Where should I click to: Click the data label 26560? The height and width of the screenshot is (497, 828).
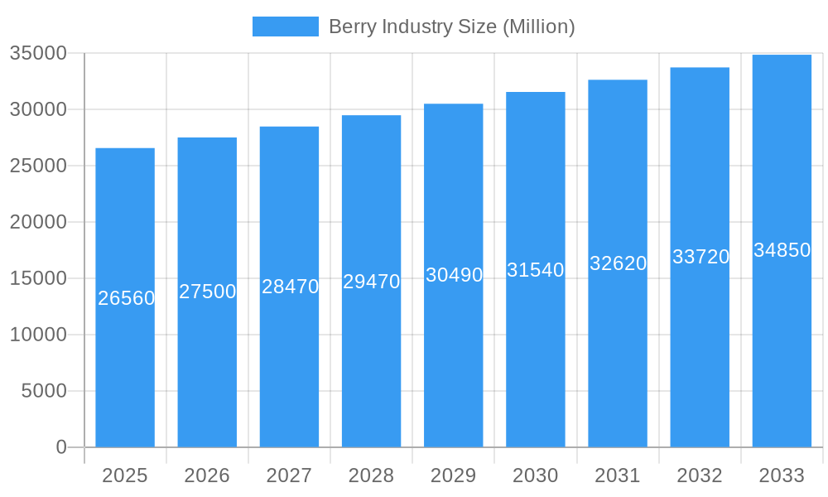pyautogui.click(x=126, y=298)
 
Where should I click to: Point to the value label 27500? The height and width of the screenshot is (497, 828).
pyautogui.click(x=207, y=292)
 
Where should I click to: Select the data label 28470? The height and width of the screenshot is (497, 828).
pyautogui.click(x=290, y=287)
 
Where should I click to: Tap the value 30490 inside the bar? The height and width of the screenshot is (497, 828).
pyautogui.click(x=454, y=275)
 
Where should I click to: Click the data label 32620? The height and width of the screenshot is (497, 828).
pyautogui.click(x=618, y=263)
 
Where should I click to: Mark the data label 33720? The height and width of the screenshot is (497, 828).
pyautogui.click(x=700, y=257)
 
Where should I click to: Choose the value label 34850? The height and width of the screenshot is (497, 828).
pyautogui.click(x=782, y=250)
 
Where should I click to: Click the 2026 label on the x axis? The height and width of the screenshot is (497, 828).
pyautogui.click(x=207, y=475)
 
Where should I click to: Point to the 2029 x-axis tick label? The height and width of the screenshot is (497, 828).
pyautogui.click(x=454, y=475)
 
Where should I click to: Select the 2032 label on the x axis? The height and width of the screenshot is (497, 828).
pyautogui.click(x=700, y=475)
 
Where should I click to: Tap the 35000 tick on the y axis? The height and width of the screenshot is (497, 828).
pyautogui.click(x=38, y=53)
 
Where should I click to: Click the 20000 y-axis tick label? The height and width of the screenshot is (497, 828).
pyautogui.click(x=38, y=222)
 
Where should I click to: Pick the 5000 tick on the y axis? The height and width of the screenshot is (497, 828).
pyautogui.click(x=44, y=391)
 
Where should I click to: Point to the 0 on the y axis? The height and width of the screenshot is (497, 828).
pyautogui.click(x=61, y=447)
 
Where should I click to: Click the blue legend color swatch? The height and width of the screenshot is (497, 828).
pyautogui.click(x=285, y=27)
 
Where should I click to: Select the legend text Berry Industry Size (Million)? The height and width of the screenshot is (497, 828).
pyautogui.click(x=451, y=27)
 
